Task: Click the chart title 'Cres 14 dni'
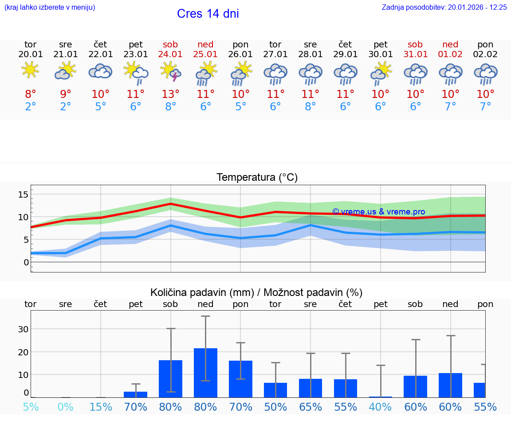pyautogui.click(x=208, y=14)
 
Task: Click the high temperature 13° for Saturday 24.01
pyautogui.click(x=171, y=94)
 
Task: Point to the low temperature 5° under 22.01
pyautogui.click(x=101, y=107)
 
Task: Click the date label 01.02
pyautogui.click(x=450, y=54)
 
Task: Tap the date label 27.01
pyautogui.click(x=275, y=54)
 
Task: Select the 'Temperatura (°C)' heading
pyautogui.click(x=257, y=178)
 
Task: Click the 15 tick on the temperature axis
pyautogui.click(x=23, y=195)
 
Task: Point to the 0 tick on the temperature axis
pyautogui.click(x=26, y=262)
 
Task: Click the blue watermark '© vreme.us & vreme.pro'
pyautogui.click(x=378, y=212)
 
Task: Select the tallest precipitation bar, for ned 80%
pyautogui.click(x=205, y=373)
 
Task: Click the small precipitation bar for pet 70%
pyautogui.click(x=136, y=394)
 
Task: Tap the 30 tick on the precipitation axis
pyautogui.click(x=23, y=329)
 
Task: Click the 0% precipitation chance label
pyautogui.click(x=65, y=407)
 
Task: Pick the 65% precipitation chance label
pyautogui.click(x=310, y=407)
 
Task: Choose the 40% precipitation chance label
pyautogui.click(x=380, y=407)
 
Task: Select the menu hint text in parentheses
pyautogui.click(x=50, y=7)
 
